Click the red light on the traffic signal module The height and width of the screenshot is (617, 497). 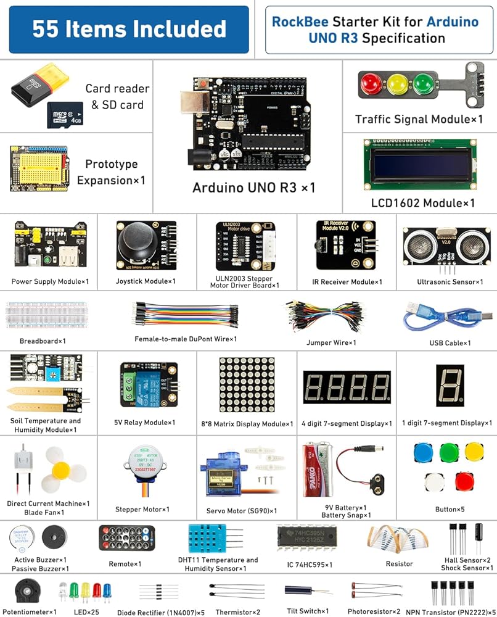click(371, 82)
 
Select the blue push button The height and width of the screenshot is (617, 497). click(422, 452)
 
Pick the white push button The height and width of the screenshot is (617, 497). click(435, 481)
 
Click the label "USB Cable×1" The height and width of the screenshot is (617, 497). click(450, 342)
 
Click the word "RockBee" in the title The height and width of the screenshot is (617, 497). click(298, 22)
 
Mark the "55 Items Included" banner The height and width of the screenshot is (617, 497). click(129, 29)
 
